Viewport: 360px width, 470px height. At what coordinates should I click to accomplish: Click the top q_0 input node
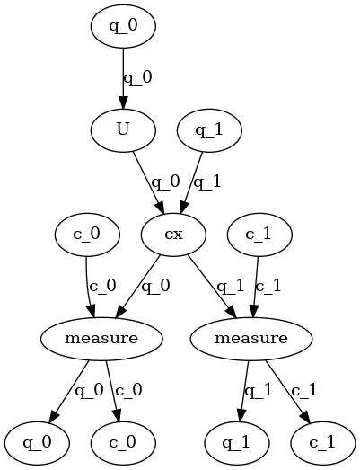[x=123, y=26]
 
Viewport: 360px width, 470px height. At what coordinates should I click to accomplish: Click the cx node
[x=174, y=235]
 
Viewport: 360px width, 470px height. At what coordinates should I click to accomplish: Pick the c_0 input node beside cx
[x=86, y=235]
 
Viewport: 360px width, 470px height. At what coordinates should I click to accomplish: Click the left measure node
[x=101, y=339]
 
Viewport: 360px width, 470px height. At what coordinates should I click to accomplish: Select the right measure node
[x=252, y=339]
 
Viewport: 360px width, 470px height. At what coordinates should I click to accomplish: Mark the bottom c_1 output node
[x=324, y=443]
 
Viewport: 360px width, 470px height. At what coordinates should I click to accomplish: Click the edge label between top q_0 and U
[x=137, y=77]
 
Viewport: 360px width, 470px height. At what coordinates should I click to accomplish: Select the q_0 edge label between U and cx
[x=166, y=182]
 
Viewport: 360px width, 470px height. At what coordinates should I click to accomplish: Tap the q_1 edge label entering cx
[x=208, y=182]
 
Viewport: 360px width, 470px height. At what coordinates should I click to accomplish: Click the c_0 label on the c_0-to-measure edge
[x=101, y=287]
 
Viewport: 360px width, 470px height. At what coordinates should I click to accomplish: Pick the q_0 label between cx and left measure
[x=156, y=287]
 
